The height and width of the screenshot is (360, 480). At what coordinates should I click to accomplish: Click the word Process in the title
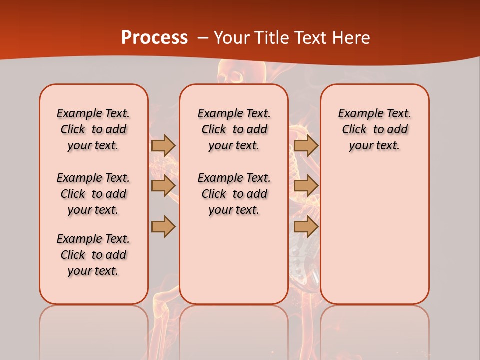pos(154,38)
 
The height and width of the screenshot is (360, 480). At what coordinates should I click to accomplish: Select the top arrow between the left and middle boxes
pos(163,145)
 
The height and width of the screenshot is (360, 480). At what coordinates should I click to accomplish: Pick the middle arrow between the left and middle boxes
pos(163,186)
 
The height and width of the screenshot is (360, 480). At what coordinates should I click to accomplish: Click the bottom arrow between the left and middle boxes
pos(163,226)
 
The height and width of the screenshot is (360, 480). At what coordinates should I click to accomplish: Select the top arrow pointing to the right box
pos(306,145)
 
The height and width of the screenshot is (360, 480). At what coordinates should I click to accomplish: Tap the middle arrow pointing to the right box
pos(306,186)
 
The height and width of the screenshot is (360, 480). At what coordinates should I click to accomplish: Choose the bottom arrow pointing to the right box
pos(306,226)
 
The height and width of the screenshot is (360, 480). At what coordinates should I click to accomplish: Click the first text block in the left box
pos(93,129)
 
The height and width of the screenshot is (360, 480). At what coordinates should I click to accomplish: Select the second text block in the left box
pos(93,194)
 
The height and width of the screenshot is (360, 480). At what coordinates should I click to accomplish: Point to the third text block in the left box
pos(93,255)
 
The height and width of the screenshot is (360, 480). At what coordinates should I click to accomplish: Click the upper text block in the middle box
pos(234,129)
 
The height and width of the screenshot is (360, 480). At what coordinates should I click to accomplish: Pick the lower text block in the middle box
pos(234,194)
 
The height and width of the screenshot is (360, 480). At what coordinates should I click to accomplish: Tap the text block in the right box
pos(374,129)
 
